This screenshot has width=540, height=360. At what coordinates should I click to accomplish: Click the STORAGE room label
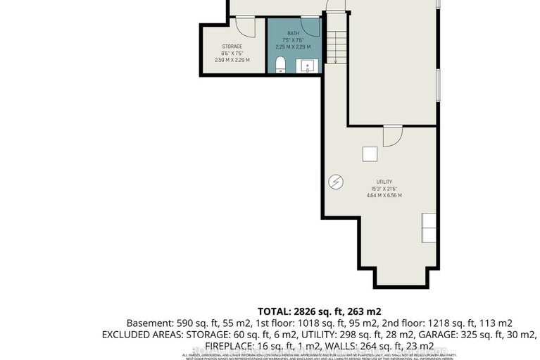(232, 46)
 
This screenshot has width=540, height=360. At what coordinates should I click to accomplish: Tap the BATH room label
(294, 32)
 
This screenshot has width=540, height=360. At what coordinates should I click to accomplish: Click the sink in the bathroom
(308, 66)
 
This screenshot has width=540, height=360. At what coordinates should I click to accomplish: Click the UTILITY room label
(384, 181)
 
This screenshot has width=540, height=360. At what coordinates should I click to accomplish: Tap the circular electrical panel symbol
(336, 182)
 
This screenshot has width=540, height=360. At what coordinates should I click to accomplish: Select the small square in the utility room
(369, 154)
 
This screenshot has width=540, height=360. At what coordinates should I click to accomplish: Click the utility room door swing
(391, 135)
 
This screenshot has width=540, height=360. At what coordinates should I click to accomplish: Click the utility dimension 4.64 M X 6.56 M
(384, 195)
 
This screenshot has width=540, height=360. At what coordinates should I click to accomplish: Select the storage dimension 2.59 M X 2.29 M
(232, 61)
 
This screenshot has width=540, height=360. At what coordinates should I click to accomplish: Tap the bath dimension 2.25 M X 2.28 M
(294, 46)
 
